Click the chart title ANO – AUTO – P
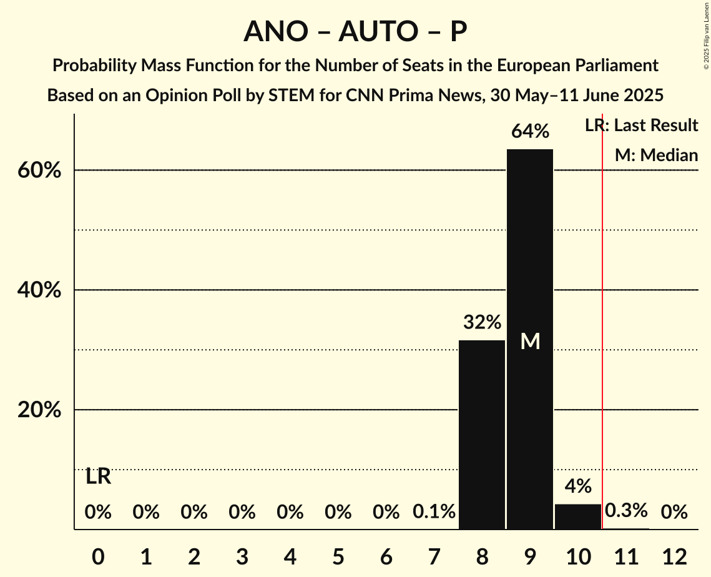(x=355, y=31)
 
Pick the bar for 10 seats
(x=578, y=516)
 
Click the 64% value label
(x=530, y=132)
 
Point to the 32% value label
(x=482, y=323)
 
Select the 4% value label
(x=578, y=486)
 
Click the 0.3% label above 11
(x=626, y=511)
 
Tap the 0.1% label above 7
(x=434, y=513)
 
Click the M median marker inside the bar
(x=530, y=341)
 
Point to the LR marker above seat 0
(x=98, y=477)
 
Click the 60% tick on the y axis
(x=39, y=170)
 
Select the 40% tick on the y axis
(x=39, y=290)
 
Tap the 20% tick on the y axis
(x=39, y=410)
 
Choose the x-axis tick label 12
(x=674, y=556)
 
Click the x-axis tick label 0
(x=98, y=556)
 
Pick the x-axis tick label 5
(x=338, y=556)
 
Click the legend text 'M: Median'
(x=656, y=155)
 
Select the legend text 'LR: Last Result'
(x=641, y=126)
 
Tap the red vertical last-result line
(x=602, y=312)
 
